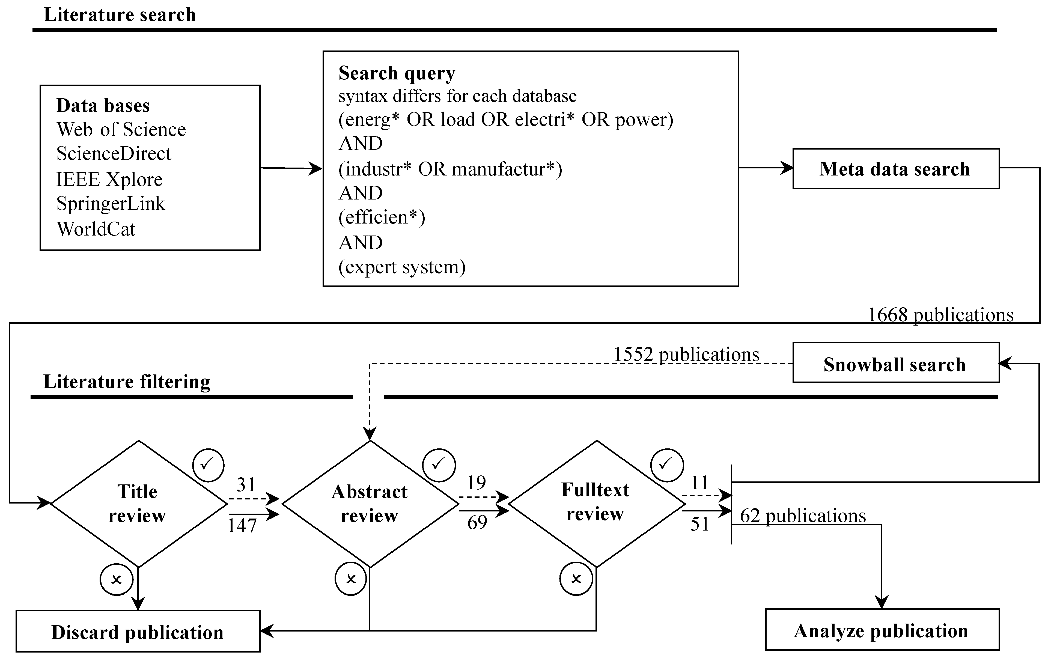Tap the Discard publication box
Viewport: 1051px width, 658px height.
pos(138,632)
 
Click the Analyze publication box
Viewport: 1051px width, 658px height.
pos(882,630)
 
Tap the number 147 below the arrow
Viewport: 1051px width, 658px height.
pos(242,526)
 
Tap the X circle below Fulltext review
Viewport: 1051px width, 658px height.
pos(576,579)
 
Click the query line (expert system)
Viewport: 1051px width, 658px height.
pos(402,267)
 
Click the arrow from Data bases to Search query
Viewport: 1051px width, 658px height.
pos(291,168)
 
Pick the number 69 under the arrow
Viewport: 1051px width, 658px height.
pos(477,522)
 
